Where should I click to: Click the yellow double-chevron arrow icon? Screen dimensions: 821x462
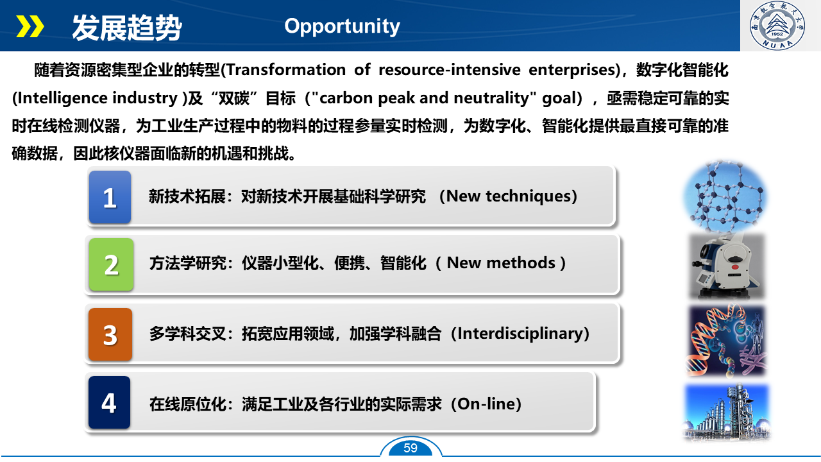(x=30, y=26)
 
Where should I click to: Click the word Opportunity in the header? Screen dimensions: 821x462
(x=342, y=26)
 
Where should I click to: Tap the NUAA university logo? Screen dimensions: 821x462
(x=777, y=25)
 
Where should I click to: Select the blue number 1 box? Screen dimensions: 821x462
(x=110, y=197)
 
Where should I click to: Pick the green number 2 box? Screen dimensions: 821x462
(x=111, y=264)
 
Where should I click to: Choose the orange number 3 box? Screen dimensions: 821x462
(x=110, y=334)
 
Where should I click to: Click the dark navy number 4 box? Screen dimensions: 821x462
(x=109, y=402)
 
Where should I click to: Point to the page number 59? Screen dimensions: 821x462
(x=410, y=448)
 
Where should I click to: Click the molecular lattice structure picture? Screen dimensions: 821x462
(x=725, y=197)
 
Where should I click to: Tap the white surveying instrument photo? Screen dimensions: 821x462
(x=727, y=266)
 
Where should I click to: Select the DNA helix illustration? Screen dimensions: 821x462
(x=727, y=341)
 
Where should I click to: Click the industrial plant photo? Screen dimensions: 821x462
(x=727, y=412)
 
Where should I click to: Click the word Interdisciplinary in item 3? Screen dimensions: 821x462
(x=520, y=334)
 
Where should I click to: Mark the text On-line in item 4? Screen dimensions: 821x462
(x=486, y=404)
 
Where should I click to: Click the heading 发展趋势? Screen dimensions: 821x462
(x=127, y=28)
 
